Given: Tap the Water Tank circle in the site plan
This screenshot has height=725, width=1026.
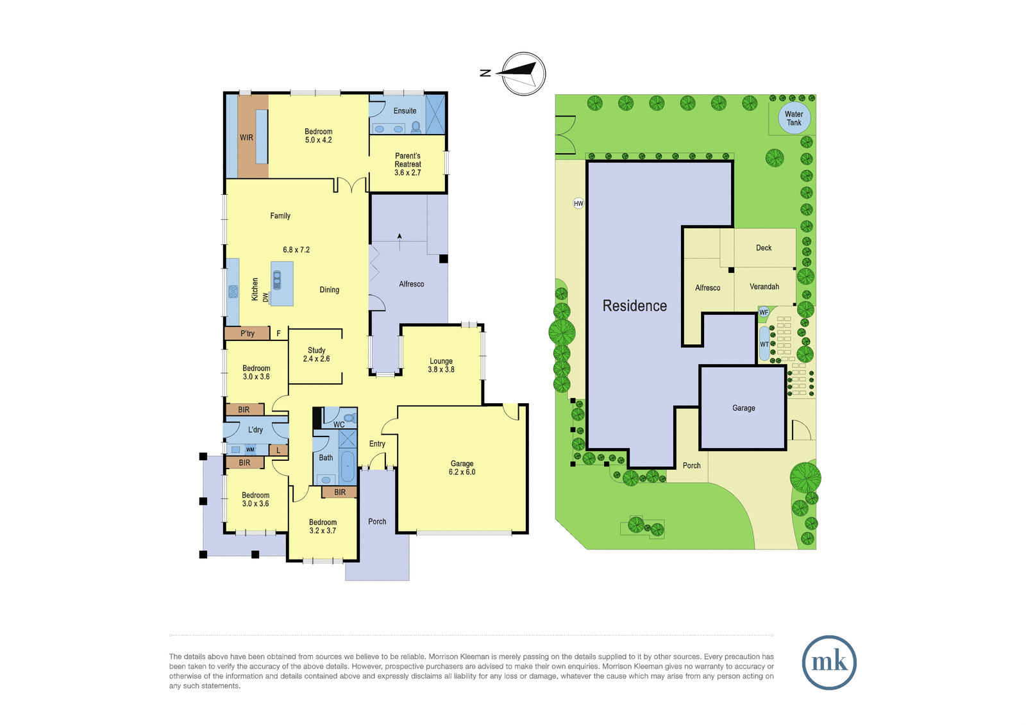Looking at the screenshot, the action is tap(795, 118).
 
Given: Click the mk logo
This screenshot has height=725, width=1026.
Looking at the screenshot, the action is tap(829, 662).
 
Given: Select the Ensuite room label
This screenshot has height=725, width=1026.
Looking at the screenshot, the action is tap(405, 111).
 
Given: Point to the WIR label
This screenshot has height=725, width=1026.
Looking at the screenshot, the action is tap(246, 137).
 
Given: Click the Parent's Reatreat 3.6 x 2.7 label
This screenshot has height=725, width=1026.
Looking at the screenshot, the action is tap(408, 164).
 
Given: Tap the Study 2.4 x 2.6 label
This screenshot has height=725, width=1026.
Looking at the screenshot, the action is tap(317, 354).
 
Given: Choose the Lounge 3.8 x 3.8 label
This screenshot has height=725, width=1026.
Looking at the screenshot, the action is tap(441, 365).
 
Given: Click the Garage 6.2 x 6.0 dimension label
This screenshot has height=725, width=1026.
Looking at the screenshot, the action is tap(462, 467).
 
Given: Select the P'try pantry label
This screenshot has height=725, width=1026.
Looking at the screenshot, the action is tap(248, 333).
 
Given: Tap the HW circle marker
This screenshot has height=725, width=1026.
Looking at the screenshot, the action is tap(578, 203).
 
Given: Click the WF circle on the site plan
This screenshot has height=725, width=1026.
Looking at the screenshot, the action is tap(764, 312).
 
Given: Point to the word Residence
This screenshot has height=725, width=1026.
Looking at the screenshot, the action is tap(634, 306).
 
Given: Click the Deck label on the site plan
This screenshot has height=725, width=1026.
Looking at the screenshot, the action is tap(764, 248).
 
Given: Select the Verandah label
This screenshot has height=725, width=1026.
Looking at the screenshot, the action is tap(764, 287).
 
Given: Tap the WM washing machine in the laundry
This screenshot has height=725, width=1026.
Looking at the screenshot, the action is tap(250, 449).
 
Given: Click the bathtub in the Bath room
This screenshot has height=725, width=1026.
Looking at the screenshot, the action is tap(348, 466).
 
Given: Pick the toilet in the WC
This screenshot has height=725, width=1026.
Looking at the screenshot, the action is tap(349, 418).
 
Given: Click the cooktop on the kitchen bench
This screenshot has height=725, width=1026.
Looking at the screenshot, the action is tap(233, 291).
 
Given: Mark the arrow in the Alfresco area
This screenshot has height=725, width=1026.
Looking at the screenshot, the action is tap(400, 242).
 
